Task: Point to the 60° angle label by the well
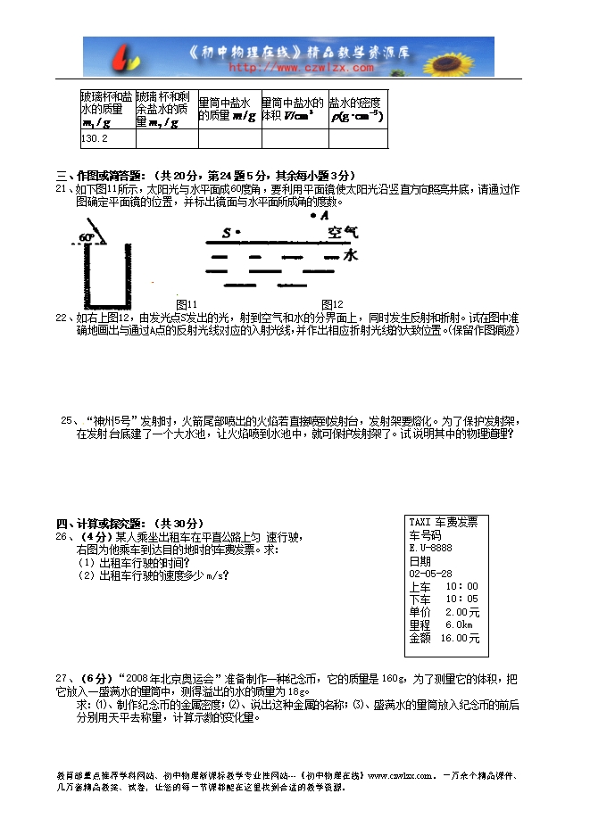pyautogui.click(x=87, y=237)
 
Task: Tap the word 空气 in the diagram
pyautogui.click(x=341, y=233)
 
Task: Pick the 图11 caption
pyautogui.click(x=187, y=304)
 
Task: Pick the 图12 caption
pyautogui.click(x=332, y=304)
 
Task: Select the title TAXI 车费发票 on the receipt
pyautogui.click(x=443, y=522)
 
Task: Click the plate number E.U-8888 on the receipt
pyautogui.click(x=430, y=548)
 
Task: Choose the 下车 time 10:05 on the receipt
pyautogui.click(x=461, y=599)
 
